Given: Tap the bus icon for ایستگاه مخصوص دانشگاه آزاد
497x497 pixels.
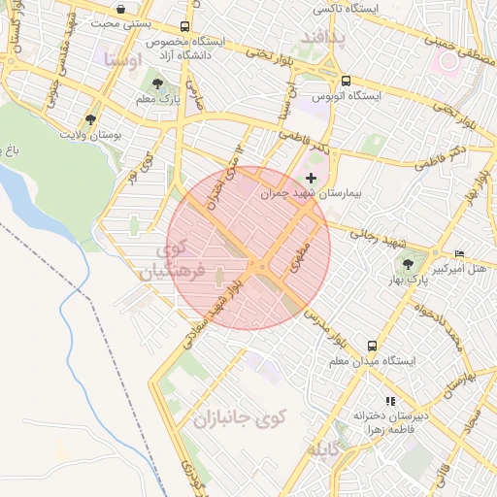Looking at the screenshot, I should (x=185, y=27).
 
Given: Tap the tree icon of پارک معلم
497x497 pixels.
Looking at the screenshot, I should (x=157, y=83).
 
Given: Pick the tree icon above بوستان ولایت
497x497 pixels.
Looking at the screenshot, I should (x=90, y=119).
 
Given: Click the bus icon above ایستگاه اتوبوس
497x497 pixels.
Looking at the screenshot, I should (x=346, y=82).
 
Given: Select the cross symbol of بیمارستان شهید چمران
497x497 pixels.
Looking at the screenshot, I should (x=311, y=178).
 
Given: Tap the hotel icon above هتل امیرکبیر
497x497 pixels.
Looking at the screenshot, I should (x=459, y=253).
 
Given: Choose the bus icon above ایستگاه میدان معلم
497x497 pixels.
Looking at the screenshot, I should (x=372, y=345).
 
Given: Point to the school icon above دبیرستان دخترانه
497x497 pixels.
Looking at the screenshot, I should (x=390, y=399).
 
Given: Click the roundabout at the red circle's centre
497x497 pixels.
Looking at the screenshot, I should (x=259, y=266).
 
